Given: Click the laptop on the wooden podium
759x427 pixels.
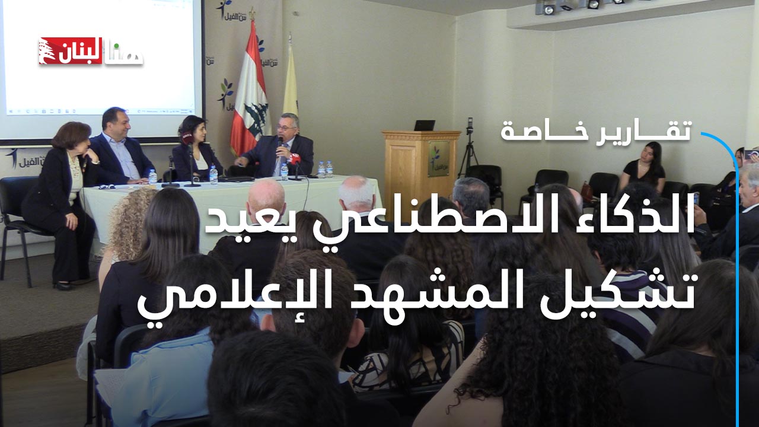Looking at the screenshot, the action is click(424, 125).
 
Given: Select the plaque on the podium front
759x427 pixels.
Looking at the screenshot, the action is click(438, 158).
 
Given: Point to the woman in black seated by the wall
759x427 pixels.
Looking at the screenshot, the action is click(643, 168).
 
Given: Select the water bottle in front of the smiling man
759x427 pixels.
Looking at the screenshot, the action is click(152, 176).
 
